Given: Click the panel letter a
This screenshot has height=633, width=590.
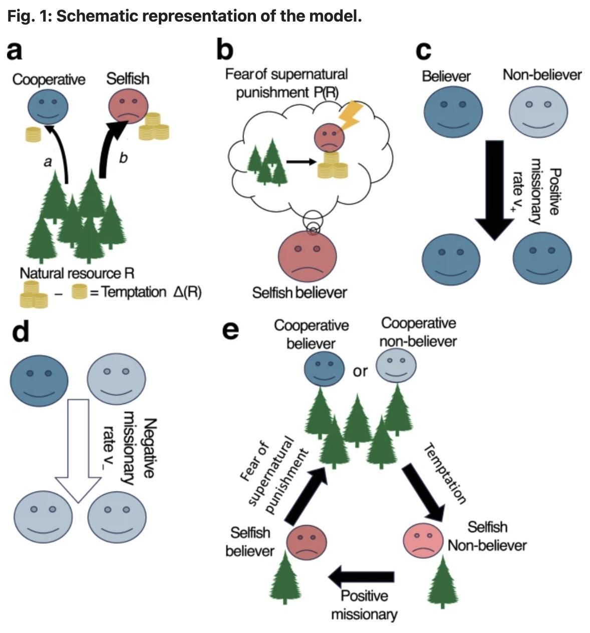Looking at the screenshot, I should pyautogui.click(x=15, y=51).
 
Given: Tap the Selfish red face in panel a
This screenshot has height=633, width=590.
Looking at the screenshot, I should pyautogui.click(x=129, y=107).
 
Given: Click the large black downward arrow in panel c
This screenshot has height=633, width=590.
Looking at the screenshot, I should pyautogui.click(x=494, y=189).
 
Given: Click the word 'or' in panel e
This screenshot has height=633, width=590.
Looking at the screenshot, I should pyautogui.click(x=360, y=372).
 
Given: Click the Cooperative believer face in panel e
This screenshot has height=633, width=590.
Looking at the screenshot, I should pyautogui.click(x=325, y=369).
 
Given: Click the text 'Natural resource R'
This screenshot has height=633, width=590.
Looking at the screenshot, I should pyautogui.click(x=77, y=273).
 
